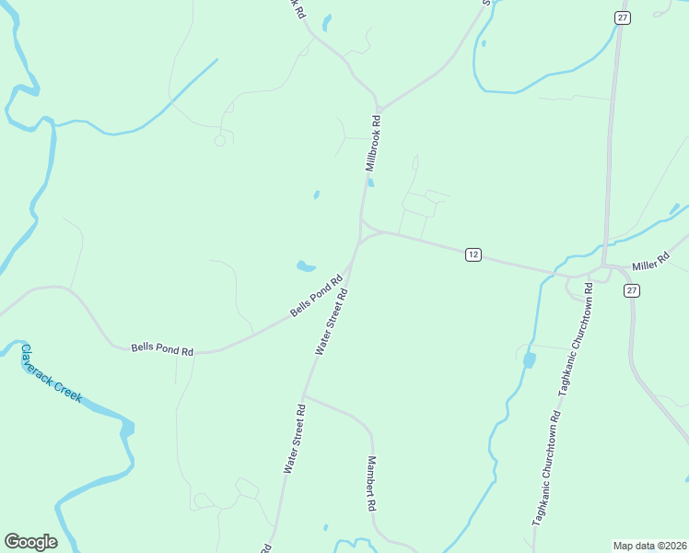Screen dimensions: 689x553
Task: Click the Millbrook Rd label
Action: [x=373, y=144]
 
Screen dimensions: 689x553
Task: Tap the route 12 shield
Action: [x=473, y=254]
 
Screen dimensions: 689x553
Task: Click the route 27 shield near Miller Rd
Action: [x=631, y=289]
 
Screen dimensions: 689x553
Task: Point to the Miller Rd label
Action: [x=649, y=265]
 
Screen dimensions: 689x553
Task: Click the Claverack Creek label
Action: [x=53, y=373]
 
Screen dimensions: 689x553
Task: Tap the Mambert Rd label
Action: [x=371, y=484]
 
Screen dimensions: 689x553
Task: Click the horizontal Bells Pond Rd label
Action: [x=162, y=349]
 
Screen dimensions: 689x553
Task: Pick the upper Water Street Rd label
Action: [x=332, y=322]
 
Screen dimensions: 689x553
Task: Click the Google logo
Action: [x=30, y=542]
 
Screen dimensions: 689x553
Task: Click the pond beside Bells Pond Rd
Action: [x=305, y=267]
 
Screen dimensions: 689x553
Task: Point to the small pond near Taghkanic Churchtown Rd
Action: [x=529, y=359]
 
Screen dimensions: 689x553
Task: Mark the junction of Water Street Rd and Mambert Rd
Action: [x=304, y=395]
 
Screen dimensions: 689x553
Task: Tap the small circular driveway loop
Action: [x=219, y=140]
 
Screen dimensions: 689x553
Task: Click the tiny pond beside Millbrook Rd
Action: [x=371, y=182]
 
